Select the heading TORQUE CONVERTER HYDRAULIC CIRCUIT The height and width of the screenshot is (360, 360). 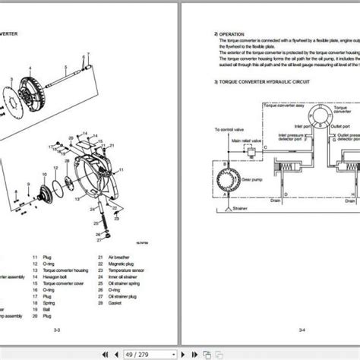click(x=262, y=81)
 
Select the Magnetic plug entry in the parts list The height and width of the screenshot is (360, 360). click(x=122, y=264)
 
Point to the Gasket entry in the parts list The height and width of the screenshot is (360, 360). click(x=118, y=296)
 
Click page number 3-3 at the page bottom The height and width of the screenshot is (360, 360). click(x=89, y=330)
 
